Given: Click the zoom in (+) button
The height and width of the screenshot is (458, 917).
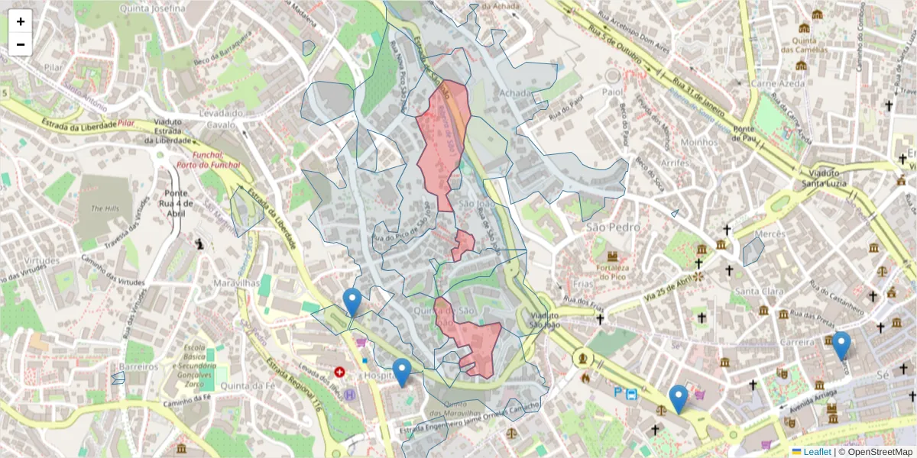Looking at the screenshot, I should coord(21,21).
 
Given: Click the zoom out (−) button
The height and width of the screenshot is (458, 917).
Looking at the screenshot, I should coord(21,44).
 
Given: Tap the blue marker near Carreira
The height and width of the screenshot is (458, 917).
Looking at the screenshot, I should coord(841,345).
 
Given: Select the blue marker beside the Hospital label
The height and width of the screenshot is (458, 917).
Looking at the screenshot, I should coord(401,373).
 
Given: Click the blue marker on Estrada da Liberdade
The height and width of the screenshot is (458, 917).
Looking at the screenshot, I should coord(352,302).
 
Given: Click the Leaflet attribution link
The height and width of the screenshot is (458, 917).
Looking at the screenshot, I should coord(816,452).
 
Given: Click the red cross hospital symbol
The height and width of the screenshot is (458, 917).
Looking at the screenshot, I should coord(339,373).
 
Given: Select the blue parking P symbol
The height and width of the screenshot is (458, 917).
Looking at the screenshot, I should coord(618,392).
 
